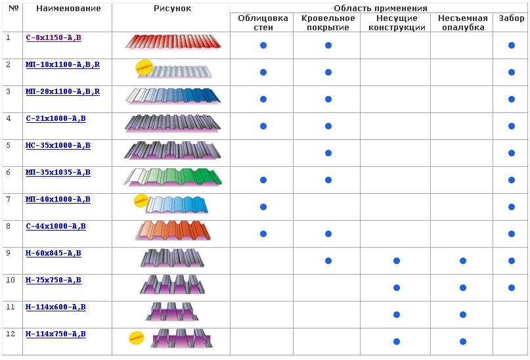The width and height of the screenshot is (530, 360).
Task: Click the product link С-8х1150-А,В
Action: (x=53, y=37)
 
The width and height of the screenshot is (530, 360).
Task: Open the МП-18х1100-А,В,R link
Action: (x=62, y=64)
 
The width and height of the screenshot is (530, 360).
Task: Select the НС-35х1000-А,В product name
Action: (x=58, y=145)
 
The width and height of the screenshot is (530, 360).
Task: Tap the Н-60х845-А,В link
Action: (x=53, y=253)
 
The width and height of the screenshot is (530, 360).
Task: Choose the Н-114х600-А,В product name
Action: (x=55, y=307)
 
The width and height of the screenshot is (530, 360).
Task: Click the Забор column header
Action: (x=511, y=18)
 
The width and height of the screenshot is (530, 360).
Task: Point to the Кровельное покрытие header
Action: (x=326, y=22)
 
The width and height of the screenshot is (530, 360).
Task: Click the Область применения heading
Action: (x=380, y=8)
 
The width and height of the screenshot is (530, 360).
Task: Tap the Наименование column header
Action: (x=68, y=9)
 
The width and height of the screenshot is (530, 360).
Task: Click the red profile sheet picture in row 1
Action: (x=173, y=43)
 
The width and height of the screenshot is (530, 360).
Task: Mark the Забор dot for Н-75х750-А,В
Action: (x=512, y=288)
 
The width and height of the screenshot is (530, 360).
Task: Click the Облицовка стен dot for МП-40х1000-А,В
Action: (x=263, y=207)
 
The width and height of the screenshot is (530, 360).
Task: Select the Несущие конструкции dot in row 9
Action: (x=397, y=261)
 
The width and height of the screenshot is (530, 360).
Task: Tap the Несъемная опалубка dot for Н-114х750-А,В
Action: (x=463, y=342)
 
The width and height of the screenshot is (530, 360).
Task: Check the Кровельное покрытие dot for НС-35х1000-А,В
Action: (x=328, y=153)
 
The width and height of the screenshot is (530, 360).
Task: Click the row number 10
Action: (x=11, y=280)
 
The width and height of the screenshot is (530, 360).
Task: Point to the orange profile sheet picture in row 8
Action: (x=173, y=231)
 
